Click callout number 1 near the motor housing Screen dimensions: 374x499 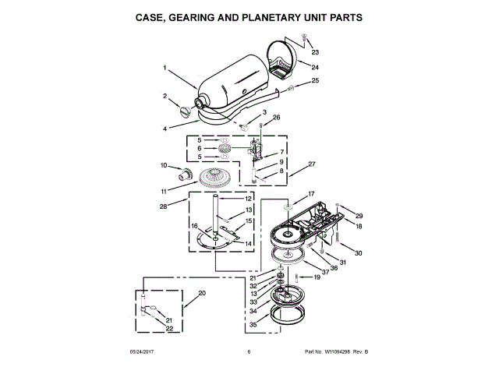tap(165, 68)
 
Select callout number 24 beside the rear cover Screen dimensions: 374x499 tap(315, 67)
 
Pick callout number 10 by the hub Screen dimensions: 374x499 tap(165, 165)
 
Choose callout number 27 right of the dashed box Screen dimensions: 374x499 tap(312, 164)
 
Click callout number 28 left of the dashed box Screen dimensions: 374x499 tap(164, 206)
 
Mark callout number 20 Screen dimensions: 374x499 tap(202, 294)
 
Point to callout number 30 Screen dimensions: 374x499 tap(359, 253)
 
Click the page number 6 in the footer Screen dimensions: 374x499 tap(249, 352)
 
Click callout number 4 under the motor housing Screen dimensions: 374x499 tap(165, 128)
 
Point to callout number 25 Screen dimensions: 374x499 tap(315, 80)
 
